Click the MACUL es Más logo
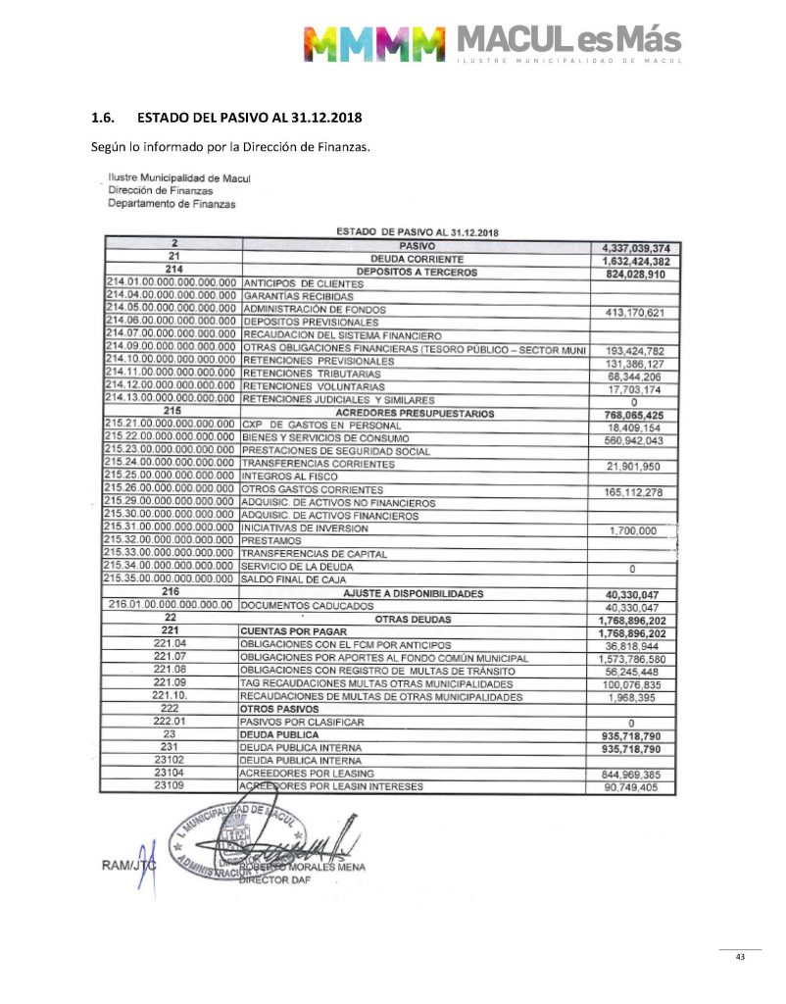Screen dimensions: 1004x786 click(x=493, y=41)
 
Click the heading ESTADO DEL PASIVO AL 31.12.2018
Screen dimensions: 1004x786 click(x=249, y=118)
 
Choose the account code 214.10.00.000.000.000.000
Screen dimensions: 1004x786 click(x=171, y=361)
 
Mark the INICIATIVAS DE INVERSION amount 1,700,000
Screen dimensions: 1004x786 click(x=633, y=529)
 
